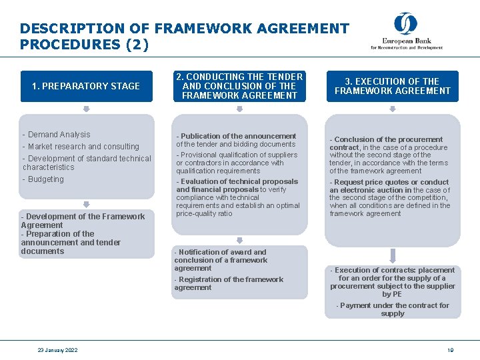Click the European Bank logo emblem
405,24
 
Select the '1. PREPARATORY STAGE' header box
86,86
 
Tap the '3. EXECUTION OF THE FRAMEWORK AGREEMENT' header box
393,86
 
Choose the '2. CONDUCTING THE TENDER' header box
239,86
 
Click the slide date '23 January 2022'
57,350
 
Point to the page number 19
451,350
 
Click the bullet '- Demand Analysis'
57,135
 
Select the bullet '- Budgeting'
43,179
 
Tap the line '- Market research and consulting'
81,147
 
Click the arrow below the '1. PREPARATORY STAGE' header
86,109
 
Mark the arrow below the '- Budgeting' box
86,205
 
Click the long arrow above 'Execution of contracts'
393,255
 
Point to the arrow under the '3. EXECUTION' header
393,109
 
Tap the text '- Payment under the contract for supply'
393,309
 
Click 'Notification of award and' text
221,252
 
